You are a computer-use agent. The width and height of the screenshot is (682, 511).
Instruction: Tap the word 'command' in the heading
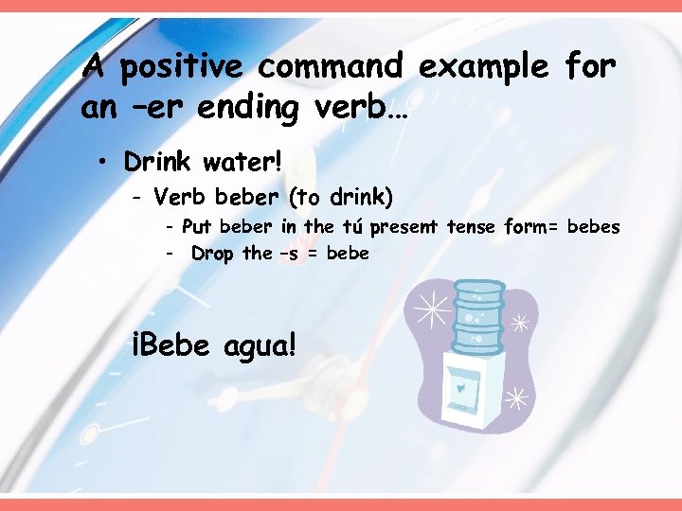[x=331, y=68]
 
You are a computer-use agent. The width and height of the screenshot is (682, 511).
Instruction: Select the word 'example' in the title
[x=483, y=68]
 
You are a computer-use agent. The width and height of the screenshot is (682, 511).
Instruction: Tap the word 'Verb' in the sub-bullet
[x=180, y=197]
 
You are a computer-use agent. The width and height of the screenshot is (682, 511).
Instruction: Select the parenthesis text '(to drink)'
[x=341, y=197]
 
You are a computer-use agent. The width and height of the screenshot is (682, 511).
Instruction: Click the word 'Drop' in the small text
[x=212, y=254]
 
